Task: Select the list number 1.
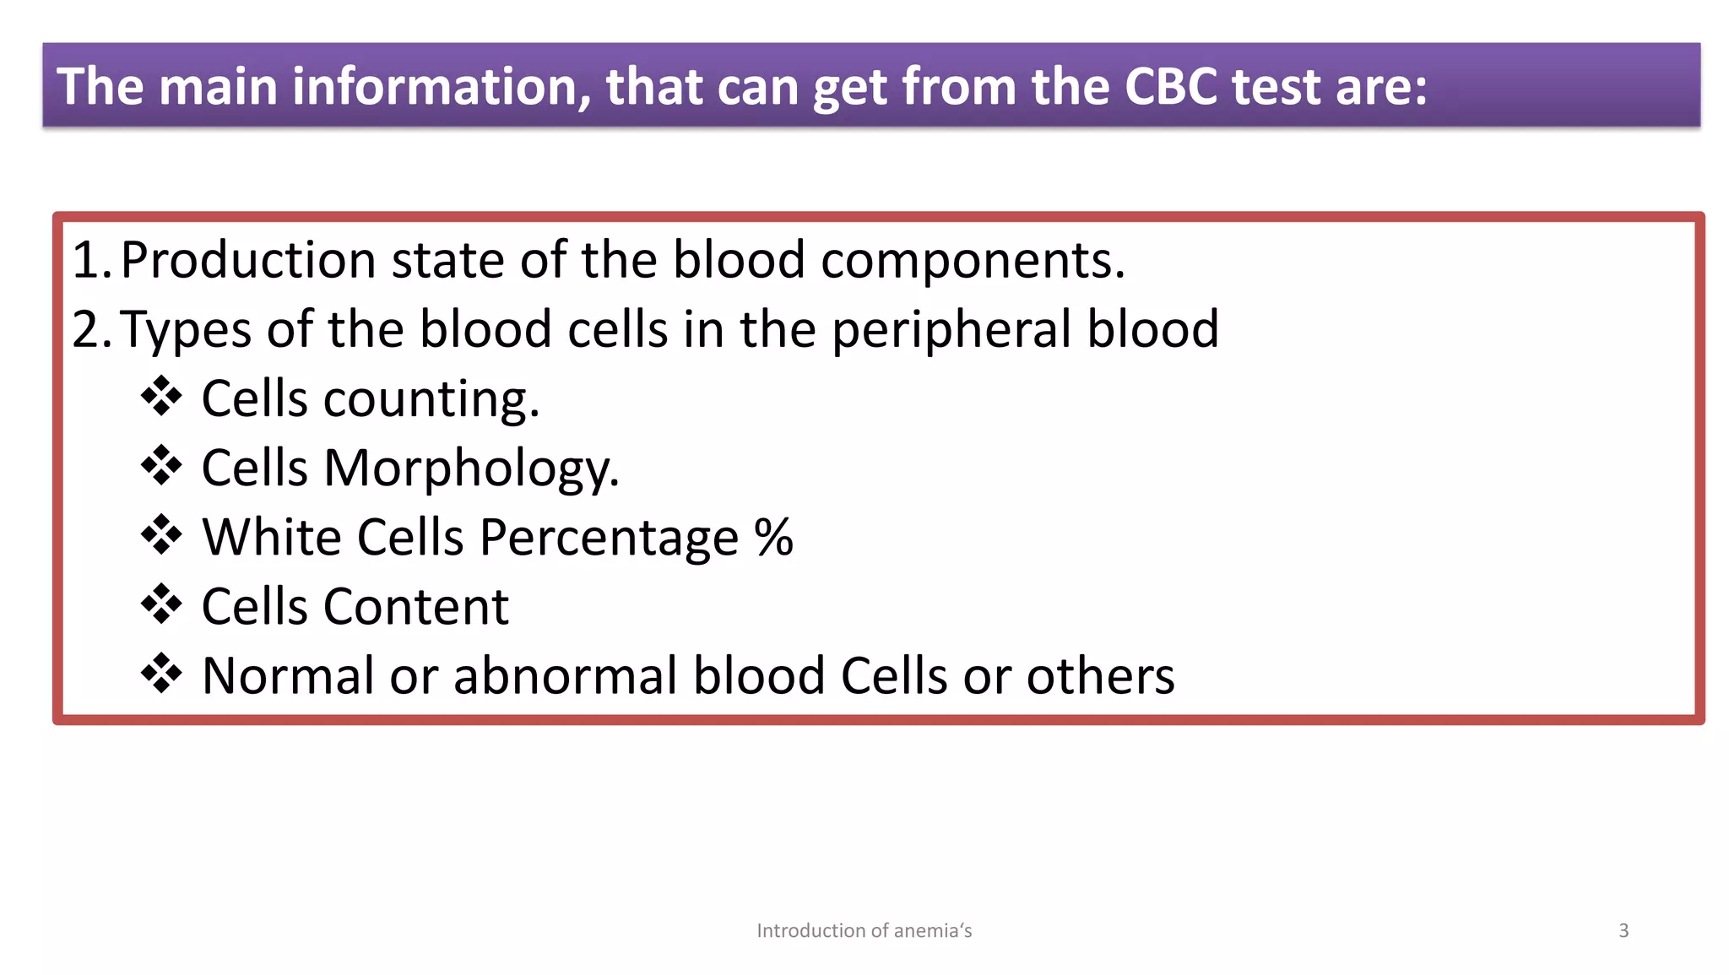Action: (x=87, y=260)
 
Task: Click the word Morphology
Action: (x=471, y=469)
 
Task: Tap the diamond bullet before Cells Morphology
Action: (x=161, y=465)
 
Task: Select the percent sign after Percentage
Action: (x=773, y=537)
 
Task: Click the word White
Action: (x=272, y=537)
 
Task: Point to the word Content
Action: (x=415, y=606)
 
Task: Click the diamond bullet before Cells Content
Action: (x=161, y=604)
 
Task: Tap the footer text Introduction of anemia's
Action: (x=864, y=930)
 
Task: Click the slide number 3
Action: (x=1623, y=930)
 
